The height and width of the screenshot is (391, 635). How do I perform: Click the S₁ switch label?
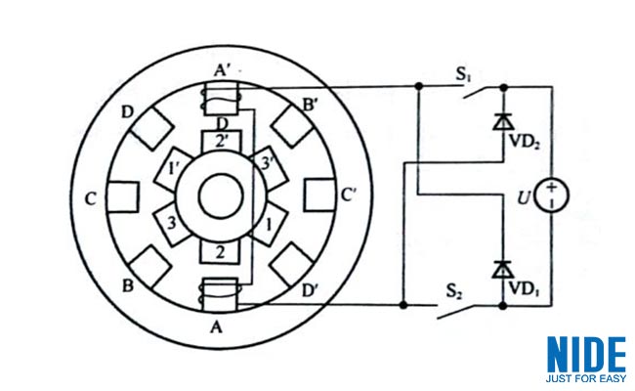pyautogui.click(x=463, y=74)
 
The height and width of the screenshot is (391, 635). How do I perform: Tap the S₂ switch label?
pyautogui.click(x=454, y=291)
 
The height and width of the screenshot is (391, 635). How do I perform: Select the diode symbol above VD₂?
pyautogui.click(x=503, y=121)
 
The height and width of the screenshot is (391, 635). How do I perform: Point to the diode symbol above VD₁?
pyautogui.click(x=503, y=270)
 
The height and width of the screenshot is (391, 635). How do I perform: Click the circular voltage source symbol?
pyautogui.click(x=552, y=195)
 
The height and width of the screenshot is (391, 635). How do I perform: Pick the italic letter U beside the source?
pyautogui.click(x=524, y=198)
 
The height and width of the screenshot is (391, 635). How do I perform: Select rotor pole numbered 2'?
pyautogui.click(x=221, y=141)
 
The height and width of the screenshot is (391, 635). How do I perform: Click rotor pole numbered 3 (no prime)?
pyautogui.click(x=172, y=224)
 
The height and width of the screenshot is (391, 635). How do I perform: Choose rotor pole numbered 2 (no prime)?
pyautogui.click(x=221, y=251)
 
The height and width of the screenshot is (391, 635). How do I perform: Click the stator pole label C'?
pyautogui.click(x=349, y=195)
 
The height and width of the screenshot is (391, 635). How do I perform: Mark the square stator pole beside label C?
pyautogui.click(x=123, y=196)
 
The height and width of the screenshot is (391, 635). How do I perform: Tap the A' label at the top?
pyautogui.click(x=222, y=71)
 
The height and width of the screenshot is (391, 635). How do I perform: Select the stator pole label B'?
pyautogui.click(x=311, y=106)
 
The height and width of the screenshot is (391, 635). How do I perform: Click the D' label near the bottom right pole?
pyautogui.click(x=311, y=290)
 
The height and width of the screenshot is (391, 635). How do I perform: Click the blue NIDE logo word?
pyautogui.click(x=586, y=355)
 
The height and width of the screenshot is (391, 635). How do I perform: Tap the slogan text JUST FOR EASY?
pyautogui.click(x=585, y=379)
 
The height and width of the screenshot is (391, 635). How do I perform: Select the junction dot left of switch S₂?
pyautogui.click(x=403, y=305)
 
